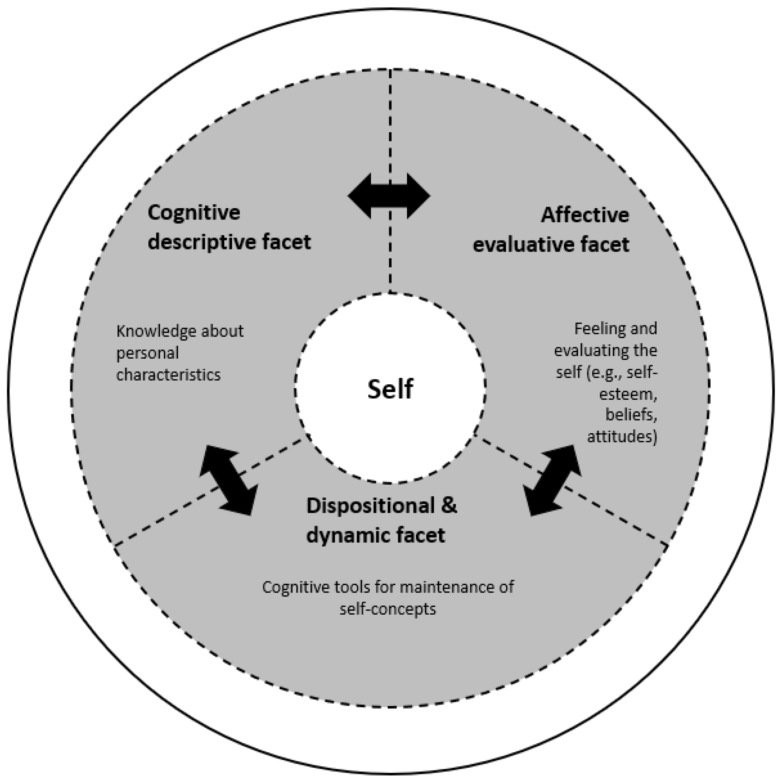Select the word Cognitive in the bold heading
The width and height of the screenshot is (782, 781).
point(194,213)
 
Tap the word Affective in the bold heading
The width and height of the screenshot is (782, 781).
point(585,215)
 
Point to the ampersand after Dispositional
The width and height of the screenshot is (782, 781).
point(448,506)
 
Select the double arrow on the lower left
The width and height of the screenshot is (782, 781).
point(229,480)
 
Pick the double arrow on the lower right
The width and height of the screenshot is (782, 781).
point(552,480)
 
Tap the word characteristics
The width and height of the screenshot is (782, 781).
point(168,375)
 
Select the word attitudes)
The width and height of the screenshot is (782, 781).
point(622,437)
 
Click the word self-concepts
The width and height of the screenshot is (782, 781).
point(388,609)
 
